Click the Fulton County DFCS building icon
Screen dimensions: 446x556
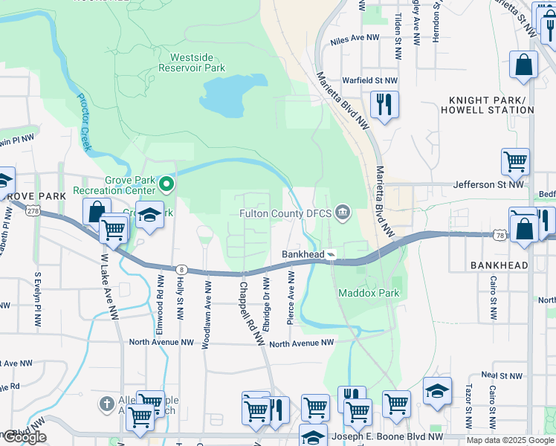click(342, 213)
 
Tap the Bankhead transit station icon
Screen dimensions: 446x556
click(332, 254)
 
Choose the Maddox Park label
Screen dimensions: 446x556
click(369, 293)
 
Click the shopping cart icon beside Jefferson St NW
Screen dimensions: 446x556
click(515, 161)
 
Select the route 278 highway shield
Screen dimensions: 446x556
click(33, 211)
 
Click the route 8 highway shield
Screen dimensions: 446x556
click(181, 268)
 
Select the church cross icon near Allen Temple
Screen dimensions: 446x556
click(106, 405)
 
